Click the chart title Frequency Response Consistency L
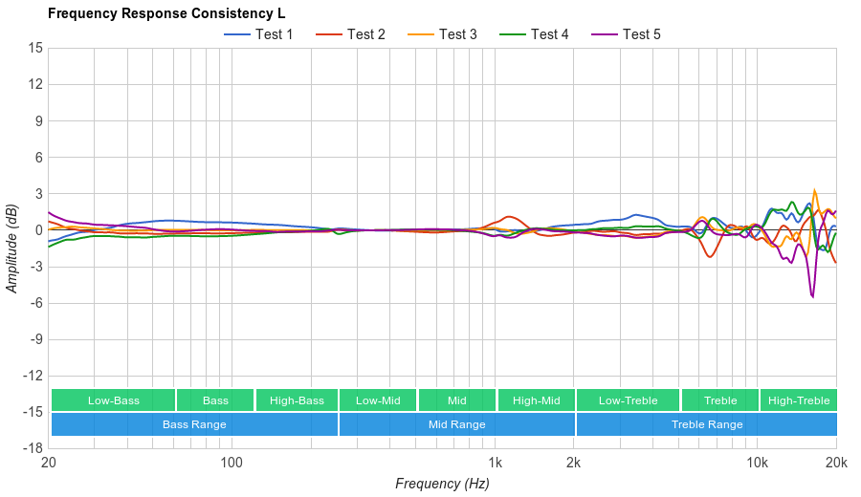tap(166, 13)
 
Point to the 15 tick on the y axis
tap(35, 48)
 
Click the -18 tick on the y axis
tap(33, 447)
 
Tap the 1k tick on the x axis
tap(495, 463)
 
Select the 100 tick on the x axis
tap(232, 463)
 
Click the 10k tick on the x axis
tap(757, 463)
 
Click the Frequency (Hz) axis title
tap(442, 484)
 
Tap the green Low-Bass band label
tap(113, 400)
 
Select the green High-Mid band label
tap(536, 400)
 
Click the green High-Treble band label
tap(799, 400)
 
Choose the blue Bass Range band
tap(194, 424)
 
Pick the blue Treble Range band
tap(707, 424)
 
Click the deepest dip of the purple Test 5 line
tap(812, 297)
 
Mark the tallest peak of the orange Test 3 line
tap(815, 190)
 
